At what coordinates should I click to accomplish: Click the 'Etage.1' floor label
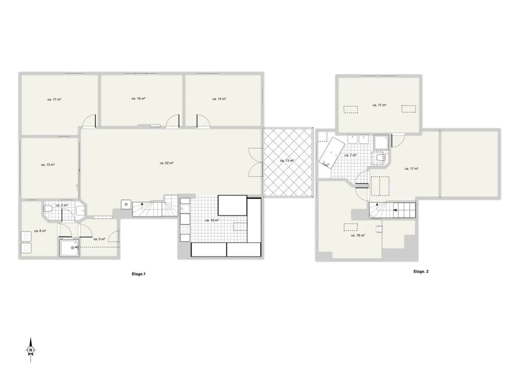[138, 274]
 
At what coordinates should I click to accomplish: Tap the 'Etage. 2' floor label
[421, 272]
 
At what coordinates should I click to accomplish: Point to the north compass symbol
[31, 350]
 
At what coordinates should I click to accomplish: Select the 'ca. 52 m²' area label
[167, 163]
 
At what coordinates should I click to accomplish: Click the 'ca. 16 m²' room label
[138, 98]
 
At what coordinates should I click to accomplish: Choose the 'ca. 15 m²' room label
[219, 99]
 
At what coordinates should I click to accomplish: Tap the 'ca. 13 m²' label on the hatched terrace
[287, 161]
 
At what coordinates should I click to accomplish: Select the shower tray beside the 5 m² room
[69, 248]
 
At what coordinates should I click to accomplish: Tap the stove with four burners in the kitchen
[185, 233]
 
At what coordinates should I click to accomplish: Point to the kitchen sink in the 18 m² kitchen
[185, 209]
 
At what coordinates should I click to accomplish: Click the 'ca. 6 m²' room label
[40, 231]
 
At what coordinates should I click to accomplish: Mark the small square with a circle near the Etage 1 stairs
[126, 204]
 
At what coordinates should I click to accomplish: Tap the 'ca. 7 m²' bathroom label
[350, 155]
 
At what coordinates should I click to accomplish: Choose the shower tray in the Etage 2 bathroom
[381, 142]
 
